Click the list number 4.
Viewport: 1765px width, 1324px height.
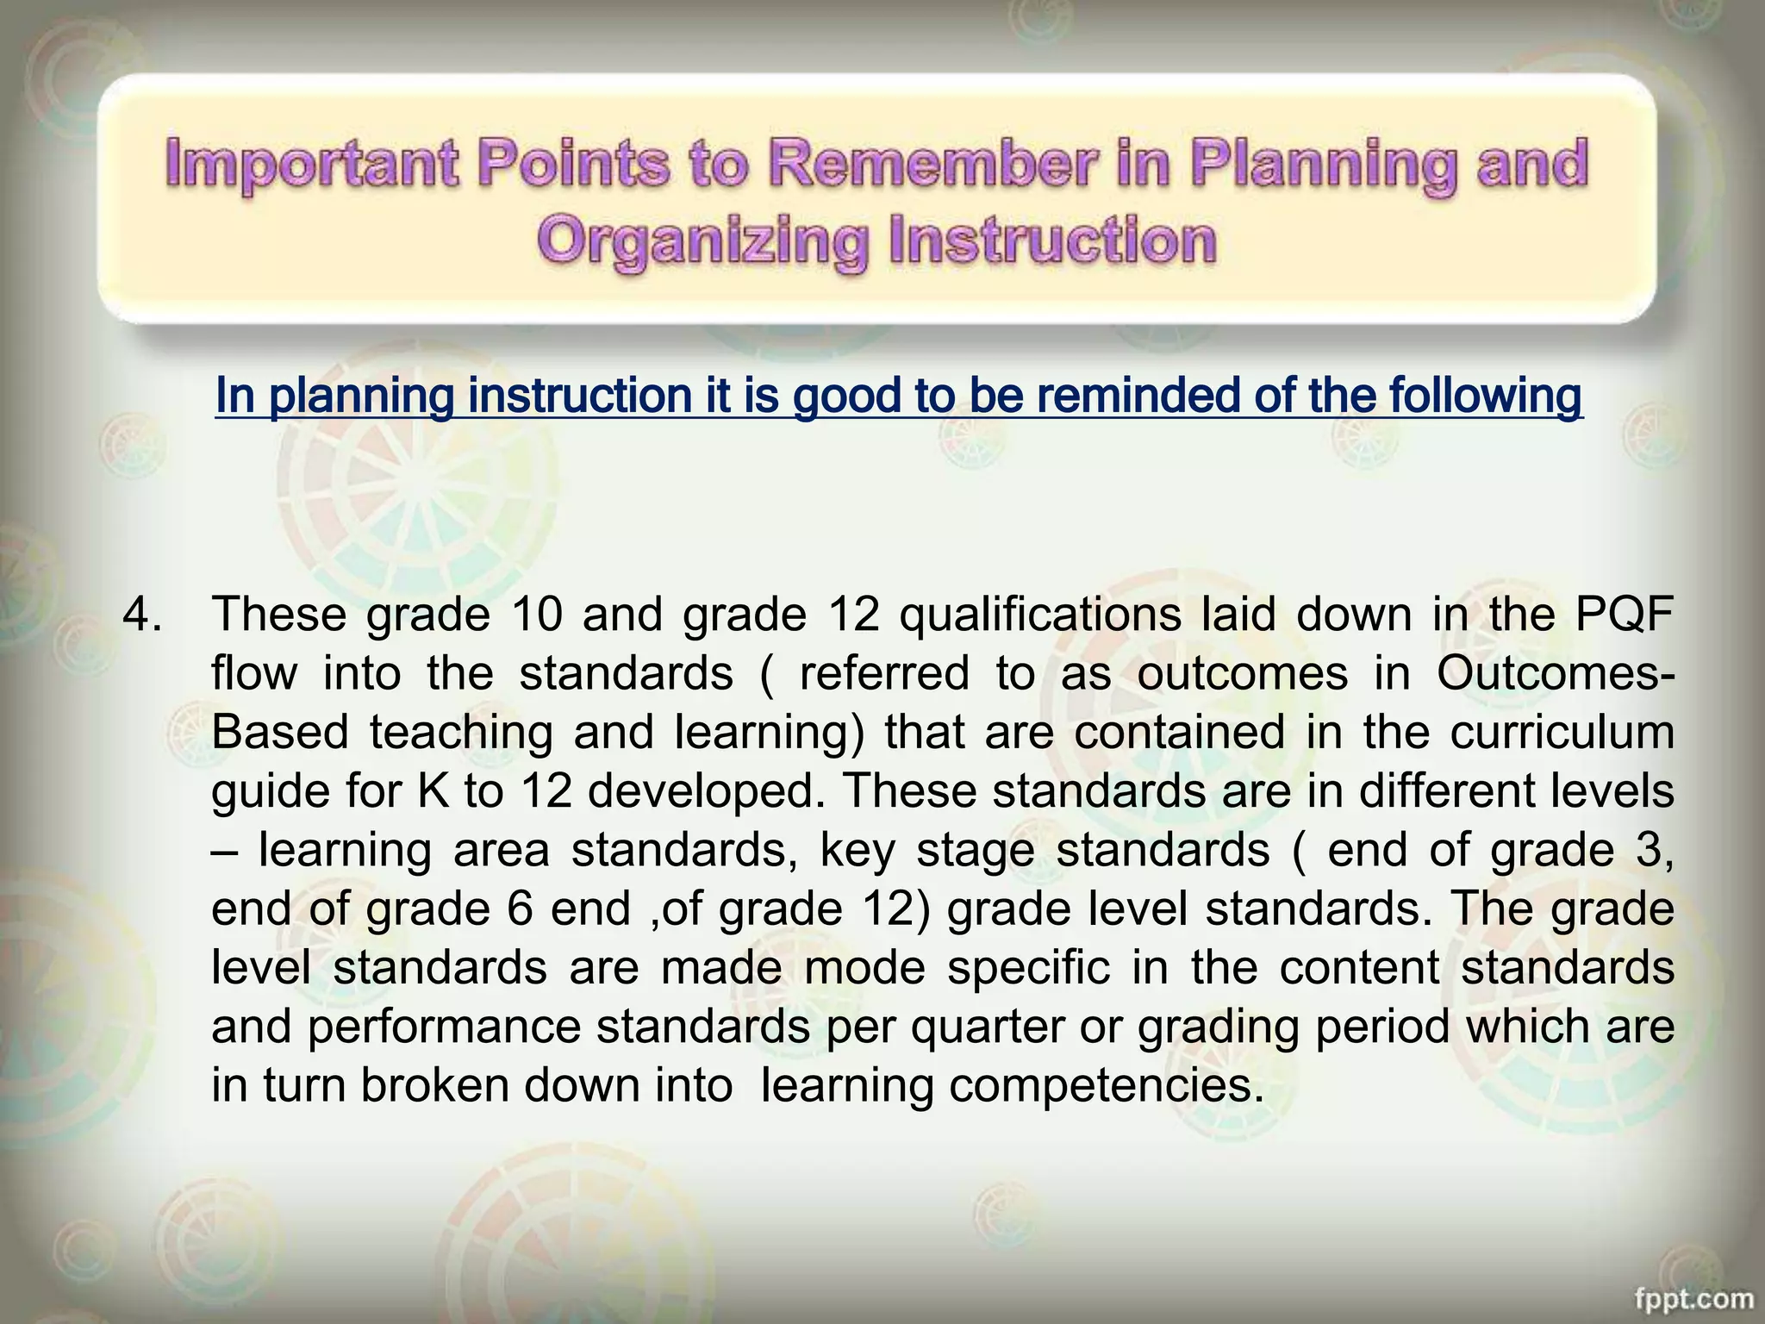141,615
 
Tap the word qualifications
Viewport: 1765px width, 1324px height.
1040,615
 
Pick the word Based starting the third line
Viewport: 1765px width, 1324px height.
279,732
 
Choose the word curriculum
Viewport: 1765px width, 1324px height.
1562,732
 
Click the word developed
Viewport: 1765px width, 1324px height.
701,792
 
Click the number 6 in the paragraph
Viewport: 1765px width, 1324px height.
520,909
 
